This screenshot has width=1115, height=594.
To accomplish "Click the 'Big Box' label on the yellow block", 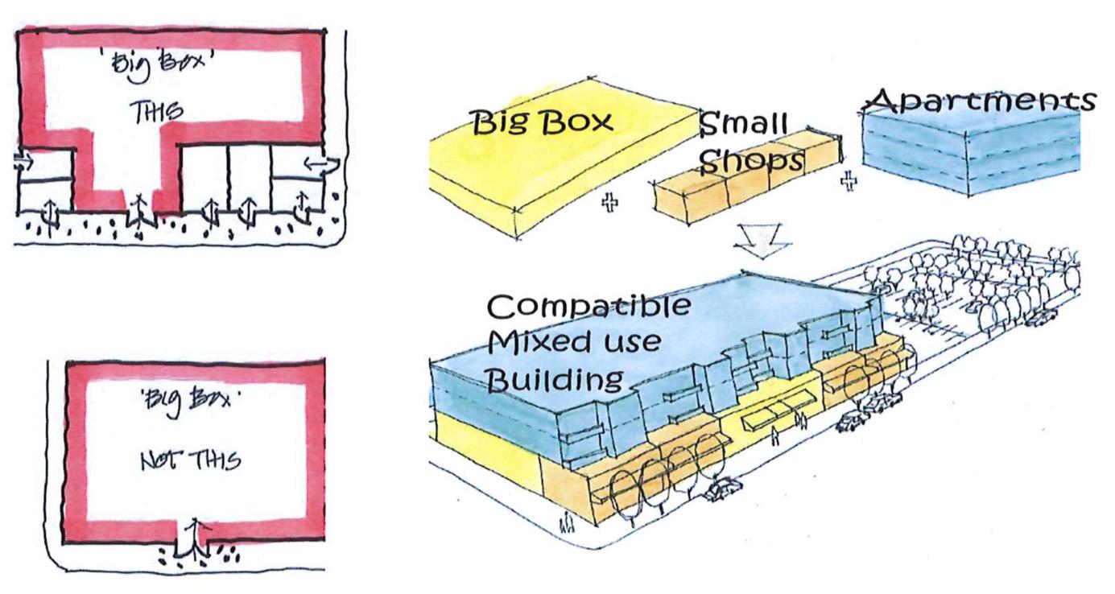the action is pos(541,122).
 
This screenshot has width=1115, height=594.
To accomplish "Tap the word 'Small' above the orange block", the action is pos(743,124).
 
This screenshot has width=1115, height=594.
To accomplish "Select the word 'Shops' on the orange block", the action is pos(751,162).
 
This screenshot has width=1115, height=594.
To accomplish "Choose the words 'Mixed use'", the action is pos(574,343).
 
